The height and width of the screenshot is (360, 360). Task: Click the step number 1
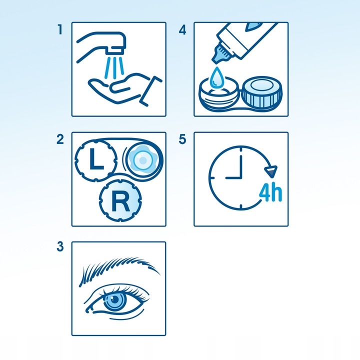(x=60, y=29)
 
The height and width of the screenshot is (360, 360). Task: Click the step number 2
(x=60, y=139)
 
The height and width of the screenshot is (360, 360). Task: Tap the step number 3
(x=60, y=246)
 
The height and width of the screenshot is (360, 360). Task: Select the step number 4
(x=182, y=30)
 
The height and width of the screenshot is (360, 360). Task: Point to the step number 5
(x=182, y=139)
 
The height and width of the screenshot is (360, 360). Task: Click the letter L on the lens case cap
(x=96, y=159)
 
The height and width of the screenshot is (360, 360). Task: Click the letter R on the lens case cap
(x=120, y=201)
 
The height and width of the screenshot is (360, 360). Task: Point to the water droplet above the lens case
(x=216, y=78)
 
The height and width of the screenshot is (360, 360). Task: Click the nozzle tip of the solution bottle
(x=220, y=54)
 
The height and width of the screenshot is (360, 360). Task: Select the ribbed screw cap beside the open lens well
(x=262, y=93)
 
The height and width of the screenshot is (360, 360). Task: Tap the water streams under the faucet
(x=114, y=67)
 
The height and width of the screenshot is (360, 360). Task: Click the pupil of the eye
(x=115, y=299)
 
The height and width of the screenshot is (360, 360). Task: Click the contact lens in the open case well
(x=143, y=160)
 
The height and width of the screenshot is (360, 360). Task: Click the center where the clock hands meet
(x=241, y=177)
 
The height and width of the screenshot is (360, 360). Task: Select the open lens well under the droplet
(x=218, y=94)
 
